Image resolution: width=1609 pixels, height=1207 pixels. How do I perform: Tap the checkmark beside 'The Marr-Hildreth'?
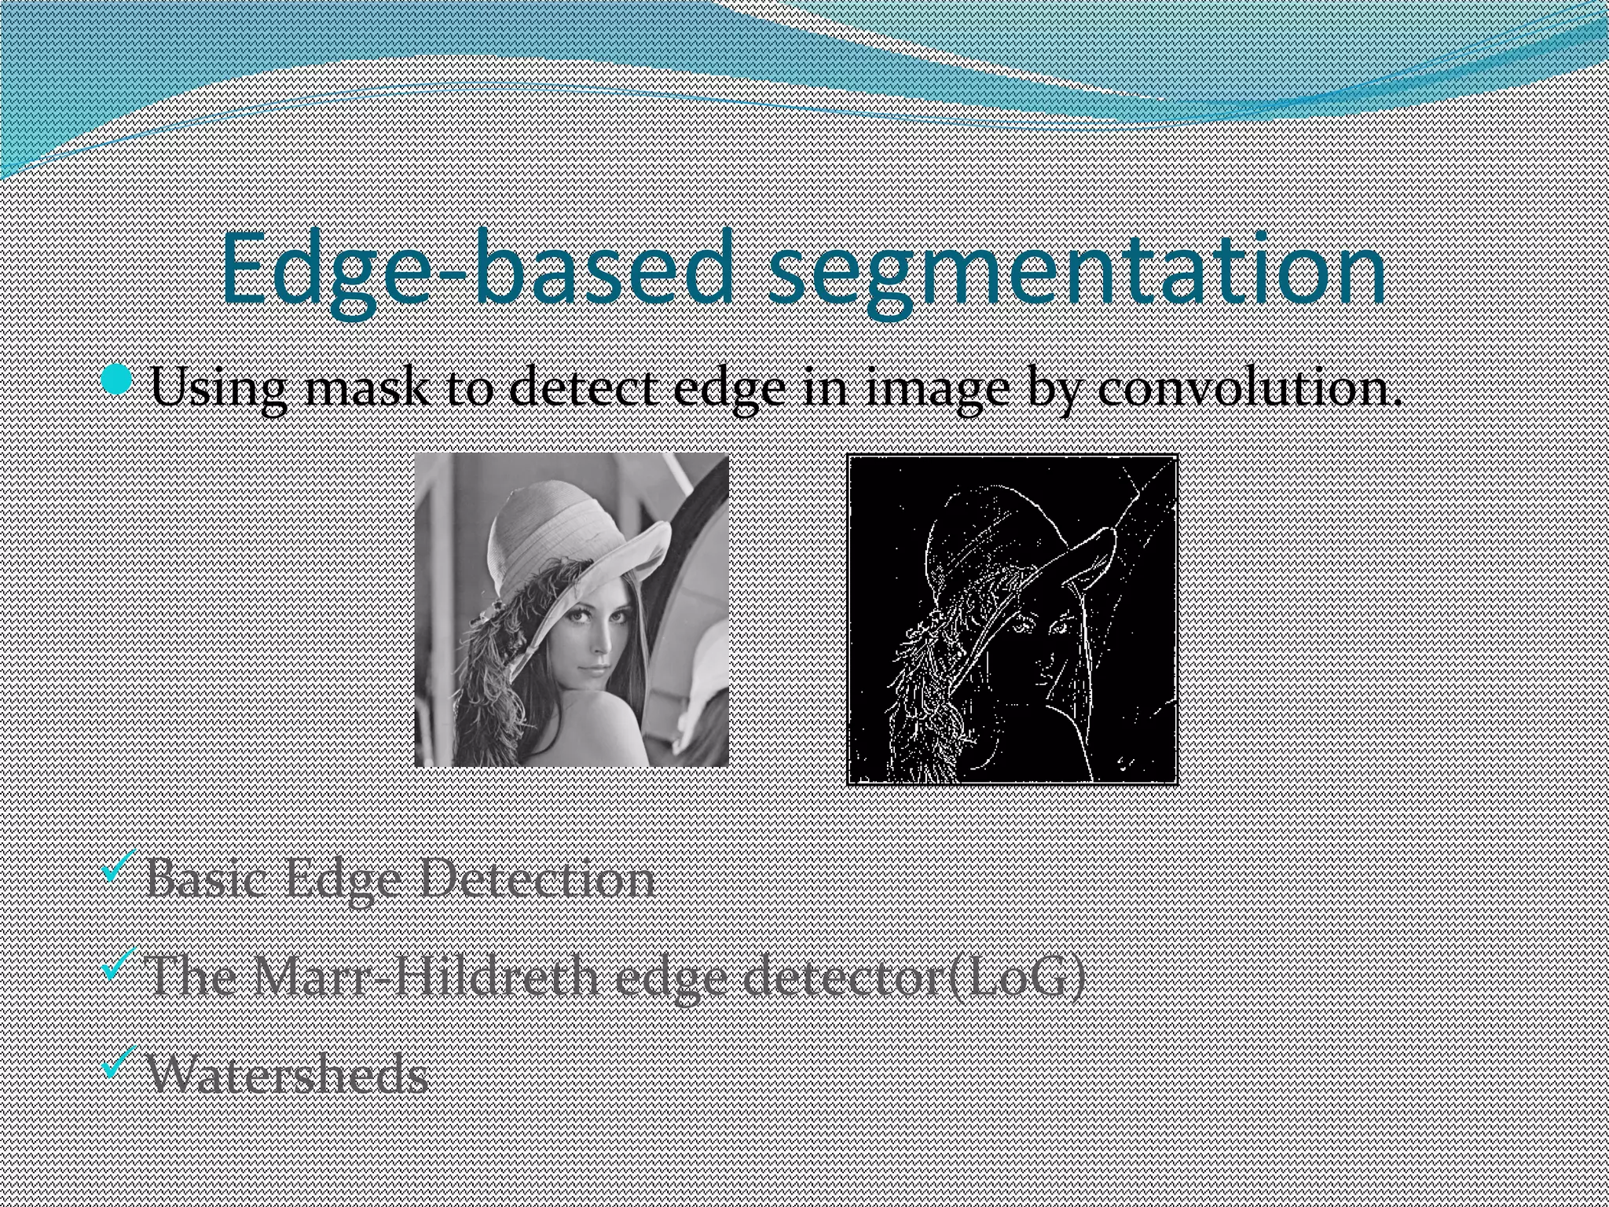[x=119, y=963]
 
